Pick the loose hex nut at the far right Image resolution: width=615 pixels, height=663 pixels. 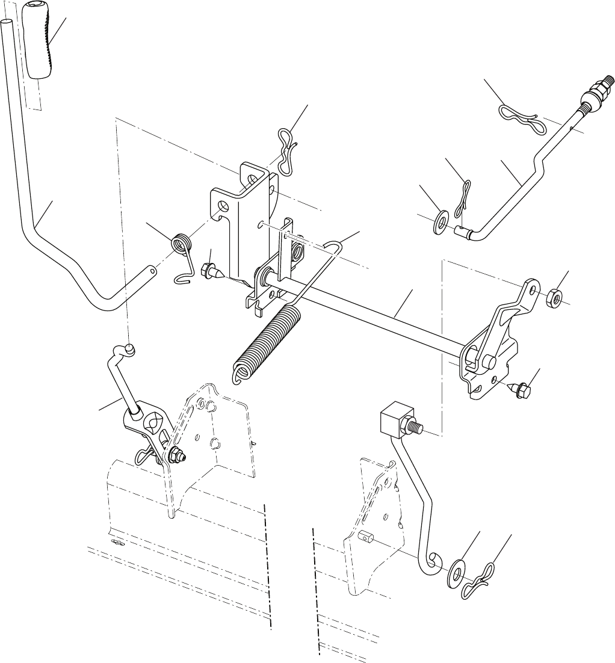pos(554,297)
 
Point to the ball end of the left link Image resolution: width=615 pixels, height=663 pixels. pos(129,348)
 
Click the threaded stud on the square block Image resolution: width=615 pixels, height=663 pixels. pos(417,428)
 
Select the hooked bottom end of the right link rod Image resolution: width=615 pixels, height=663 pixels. pos(428,563)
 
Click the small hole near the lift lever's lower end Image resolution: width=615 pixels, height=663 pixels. pos(153,271)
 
